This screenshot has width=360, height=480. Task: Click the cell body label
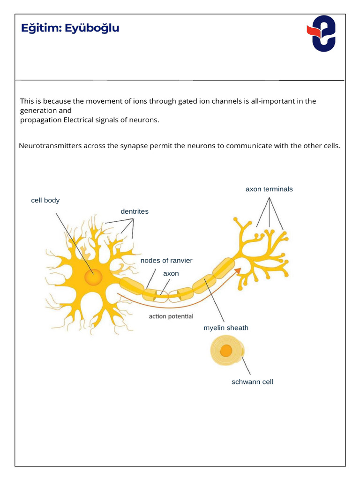45,200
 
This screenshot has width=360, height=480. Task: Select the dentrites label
135,211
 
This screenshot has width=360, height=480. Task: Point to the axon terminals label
269,189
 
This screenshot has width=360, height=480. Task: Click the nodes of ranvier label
166,260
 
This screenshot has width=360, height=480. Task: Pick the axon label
171,273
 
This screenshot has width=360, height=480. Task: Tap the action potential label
171,316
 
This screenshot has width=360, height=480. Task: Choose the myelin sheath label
226,328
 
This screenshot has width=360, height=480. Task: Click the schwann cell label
252,382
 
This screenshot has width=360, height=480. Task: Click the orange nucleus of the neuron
93,277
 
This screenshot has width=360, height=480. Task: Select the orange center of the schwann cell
226,351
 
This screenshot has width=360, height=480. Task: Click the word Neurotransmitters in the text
50,145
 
